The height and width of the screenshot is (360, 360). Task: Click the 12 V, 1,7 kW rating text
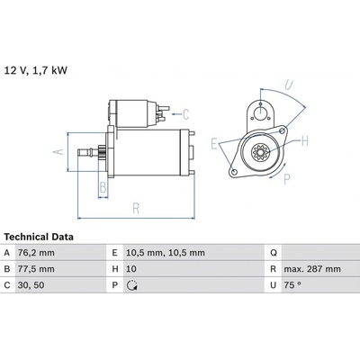click(x=36, y=70)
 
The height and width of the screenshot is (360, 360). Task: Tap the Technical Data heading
click(x=39, y=237)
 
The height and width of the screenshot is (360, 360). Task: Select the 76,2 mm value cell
click(x=36, y=253)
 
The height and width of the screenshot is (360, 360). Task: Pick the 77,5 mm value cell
click(x=36, y=269)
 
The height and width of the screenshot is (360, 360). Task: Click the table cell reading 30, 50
click(x=31, y=285)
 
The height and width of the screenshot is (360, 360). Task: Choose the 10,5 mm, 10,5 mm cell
click(x=166, y=253)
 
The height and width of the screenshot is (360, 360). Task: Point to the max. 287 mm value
click(x=312, y=269)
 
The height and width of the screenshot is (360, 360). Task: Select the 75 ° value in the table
click(x=292, y=285)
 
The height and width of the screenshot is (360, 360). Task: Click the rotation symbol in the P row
click(x=132, y=285)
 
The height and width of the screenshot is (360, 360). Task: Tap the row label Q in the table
click(x=274, y=253)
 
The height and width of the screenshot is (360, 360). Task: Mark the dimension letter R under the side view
click(x=136, y=208)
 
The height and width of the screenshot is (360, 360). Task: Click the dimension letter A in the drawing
click(x=58, y=151)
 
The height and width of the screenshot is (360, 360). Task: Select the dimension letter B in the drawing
click(x=103, y=187)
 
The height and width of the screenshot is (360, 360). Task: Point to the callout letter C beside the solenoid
click(x=186, y=114)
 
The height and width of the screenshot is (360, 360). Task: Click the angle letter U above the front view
click(x=288, y=85)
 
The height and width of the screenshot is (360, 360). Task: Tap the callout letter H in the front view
click(x=305, y=140)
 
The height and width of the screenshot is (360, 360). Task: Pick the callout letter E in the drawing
click(x=214, y=144)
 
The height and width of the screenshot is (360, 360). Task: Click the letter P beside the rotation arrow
click(x=287, y=179)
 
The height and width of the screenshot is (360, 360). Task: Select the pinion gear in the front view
click(x=260, y=153)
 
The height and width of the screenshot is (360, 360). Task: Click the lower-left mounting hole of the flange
click(x=235, y=172)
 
